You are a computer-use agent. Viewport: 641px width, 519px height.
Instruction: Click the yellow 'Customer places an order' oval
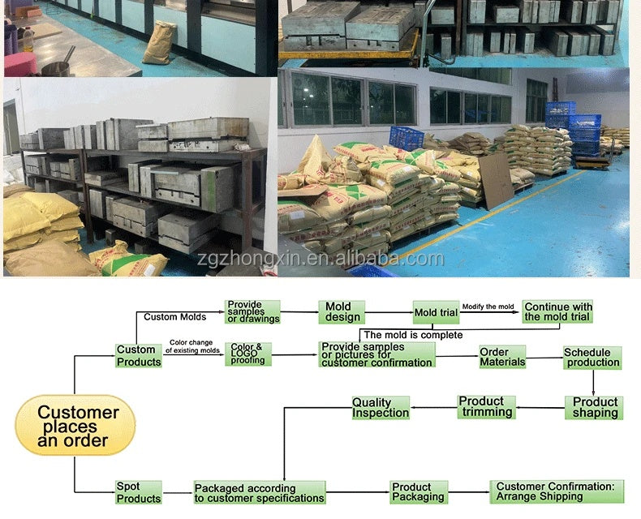75,426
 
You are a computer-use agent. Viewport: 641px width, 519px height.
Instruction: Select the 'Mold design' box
342,312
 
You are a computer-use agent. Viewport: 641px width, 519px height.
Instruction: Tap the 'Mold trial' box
437,313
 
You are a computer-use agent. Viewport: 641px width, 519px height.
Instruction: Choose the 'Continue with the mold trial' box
557,312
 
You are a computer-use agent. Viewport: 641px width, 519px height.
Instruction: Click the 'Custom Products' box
139,355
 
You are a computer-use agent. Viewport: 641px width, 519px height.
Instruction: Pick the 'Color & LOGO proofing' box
248,354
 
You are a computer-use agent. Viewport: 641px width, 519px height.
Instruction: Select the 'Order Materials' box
502,357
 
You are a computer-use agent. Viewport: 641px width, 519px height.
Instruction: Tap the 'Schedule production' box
593,358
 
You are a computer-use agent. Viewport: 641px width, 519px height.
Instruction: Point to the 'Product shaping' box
594,407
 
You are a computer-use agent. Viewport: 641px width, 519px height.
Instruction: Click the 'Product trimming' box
487,407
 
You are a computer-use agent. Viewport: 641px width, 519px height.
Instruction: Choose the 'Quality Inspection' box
381,407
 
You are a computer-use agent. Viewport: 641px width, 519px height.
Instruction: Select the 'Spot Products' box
139,492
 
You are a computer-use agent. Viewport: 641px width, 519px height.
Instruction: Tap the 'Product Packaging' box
419,492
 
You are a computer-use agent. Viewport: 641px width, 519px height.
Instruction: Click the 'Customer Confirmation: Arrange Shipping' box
557,491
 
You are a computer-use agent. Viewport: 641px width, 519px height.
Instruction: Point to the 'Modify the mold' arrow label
488,307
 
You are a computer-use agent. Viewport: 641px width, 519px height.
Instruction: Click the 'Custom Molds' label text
175,317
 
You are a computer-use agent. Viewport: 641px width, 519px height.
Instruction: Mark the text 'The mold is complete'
413,335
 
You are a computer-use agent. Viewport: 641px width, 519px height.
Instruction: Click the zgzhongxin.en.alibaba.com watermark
320,259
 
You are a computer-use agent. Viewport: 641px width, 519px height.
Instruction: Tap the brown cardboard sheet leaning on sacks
496,180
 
